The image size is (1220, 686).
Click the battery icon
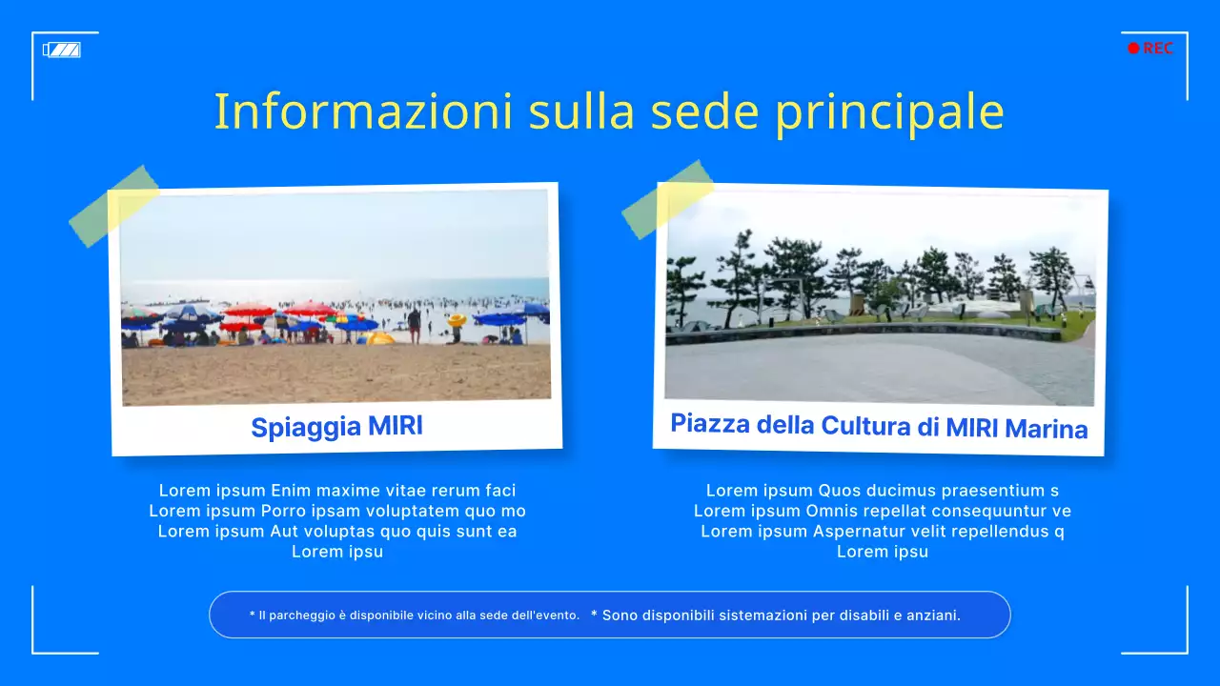click(62, 50)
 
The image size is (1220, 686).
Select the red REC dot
click(1133, 49)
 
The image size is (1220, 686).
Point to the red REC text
click(1158, 49)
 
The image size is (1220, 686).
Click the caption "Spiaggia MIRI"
click(336, 427)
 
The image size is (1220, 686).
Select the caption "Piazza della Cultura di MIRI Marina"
click(879, 425)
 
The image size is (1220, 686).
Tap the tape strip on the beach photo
click(114, 206)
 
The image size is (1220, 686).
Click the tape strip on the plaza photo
click(667, 199)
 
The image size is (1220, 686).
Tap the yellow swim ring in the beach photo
click(457, 320)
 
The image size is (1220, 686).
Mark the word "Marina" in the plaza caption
click(1046, 429)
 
